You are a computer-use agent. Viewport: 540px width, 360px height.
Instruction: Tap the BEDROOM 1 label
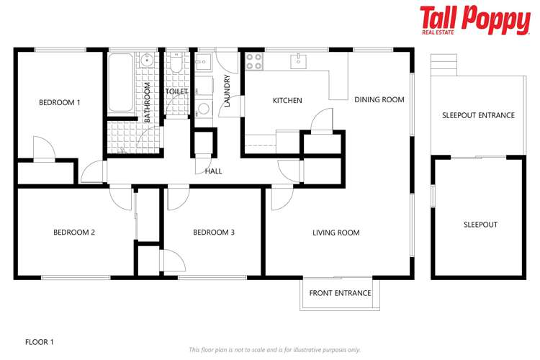(59, 102)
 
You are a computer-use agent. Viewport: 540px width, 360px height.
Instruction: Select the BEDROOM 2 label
(74, 233)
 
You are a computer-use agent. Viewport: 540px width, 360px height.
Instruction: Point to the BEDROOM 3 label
(214, 233)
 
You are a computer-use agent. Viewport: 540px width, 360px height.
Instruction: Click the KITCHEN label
(287, 101)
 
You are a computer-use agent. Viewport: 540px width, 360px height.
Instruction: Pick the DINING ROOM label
(379, 100)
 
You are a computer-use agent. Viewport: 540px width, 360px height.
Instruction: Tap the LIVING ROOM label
(336, 233)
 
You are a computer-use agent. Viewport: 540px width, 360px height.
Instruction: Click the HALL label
(213, 171)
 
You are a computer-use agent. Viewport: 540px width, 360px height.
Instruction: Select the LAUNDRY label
(227, 91)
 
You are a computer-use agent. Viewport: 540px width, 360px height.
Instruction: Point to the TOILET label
(176, 92)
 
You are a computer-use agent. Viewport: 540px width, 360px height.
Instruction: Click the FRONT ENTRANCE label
(340, 293)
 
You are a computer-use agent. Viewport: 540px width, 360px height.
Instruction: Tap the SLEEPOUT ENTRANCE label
(478, 115)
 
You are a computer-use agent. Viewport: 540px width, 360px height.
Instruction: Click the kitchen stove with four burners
(254, 61)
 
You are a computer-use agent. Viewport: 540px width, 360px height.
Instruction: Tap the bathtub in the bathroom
(122, 83)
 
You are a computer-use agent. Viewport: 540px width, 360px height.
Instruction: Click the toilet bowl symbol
(176, 68)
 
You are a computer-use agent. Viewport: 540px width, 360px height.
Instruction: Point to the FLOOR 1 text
(40, 342)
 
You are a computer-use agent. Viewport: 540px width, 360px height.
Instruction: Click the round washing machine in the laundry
(204, 109)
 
